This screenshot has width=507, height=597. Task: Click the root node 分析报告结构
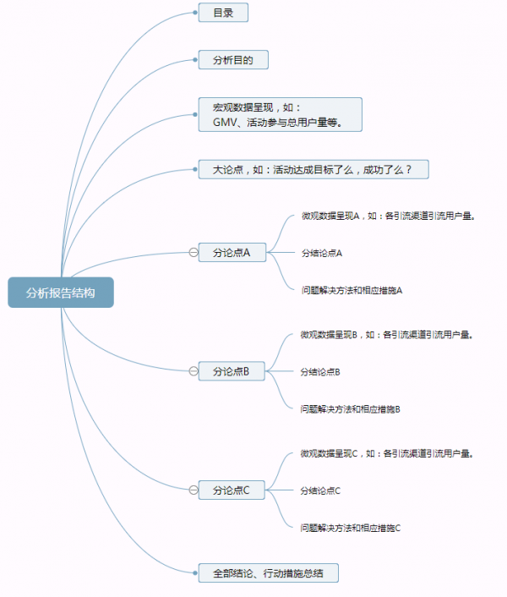tap(60, 293)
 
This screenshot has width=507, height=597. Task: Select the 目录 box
tap(223, 13)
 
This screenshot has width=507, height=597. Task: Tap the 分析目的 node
tap(232, 61)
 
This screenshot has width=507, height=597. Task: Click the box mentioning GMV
tap(280, 114)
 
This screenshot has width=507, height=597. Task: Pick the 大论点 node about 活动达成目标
tap(313, 169)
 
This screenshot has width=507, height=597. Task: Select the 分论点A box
tap(232, 252)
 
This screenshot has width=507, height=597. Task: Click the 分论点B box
tap(231, 370)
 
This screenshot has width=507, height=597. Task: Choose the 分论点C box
tap(232, 490)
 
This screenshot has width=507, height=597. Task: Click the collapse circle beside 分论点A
tap(194, 252)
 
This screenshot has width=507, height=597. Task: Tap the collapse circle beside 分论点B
tap(194, 370)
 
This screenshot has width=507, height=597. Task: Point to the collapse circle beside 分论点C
tap(194, 490)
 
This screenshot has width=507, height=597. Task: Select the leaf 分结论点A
tap(321, 253)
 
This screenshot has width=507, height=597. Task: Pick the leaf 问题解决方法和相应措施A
tap(352, 290)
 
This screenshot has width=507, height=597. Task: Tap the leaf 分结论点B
tap(320, 371)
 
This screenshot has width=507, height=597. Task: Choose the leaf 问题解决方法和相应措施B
tap(350, 408)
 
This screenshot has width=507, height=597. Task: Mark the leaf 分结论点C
tap(320, 490)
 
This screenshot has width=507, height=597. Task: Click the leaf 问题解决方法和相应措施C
tap(350, 528)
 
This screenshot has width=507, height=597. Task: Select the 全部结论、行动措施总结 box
tap(269, 573)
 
